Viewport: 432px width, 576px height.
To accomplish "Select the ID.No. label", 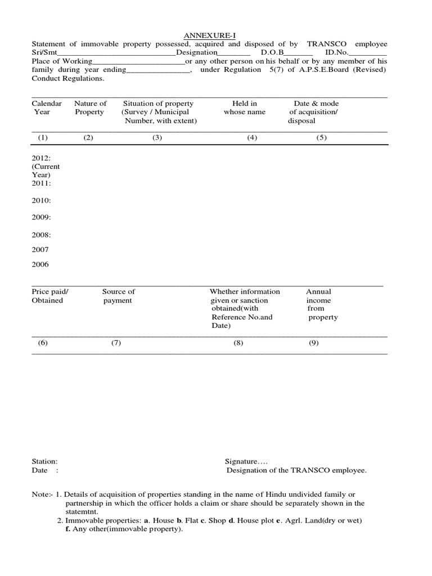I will [337, 52].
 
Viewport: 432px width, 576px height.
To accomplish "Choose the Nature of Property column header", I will [90, 107].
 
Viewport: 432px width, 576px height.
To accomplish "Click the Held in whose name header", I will [245, 107].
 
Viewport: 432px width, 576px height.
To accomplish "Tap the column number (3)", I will [157, 138].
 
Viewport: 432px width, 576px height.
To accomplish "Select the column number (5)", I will [321, 138].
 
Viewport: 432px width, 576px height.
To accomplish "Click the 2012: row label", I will [42, 159].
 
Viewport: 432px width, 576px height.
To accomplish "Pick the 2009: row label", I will [42, 217].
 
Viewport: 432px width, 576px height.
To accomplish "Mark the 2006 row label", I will [40, 264].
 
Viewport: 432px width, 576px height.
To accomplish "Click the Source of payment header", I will [118, 296].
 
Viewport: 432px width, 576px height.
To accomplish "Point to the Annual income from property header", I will [321, 304].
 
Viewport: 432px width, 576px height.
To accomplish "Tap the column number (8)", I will [238, 343].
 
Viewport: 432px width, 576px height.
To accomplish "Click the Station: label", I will [44, 461].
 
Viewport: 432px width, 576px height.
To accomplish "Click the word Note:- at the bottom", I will [43, 494].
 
